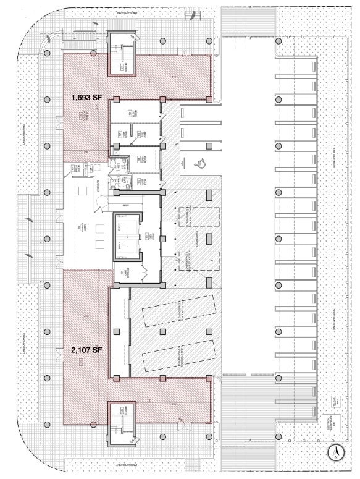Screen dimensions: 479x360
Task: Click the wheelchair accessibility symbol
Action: point(199,163)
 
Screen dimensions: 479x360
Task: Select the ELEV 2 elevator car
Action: point(127,226)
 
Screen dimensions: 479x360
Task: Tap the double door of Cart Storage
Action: point(144,270)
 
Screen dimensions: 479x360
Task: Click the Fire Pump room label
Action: point(120,135)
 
